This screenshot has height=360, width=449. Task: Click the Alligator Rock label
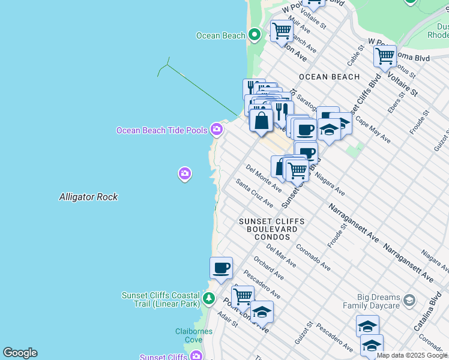(88, 197)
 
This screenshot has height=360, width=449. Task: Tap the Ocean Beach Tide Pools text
(161, 130)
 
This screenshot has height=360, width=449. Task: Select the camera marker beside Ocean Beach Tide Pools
(217, 129)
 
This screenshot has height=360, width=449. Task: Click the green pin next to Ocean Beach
(255, 35)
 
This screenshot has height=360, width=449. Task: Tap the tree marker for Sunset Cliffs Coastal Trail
(208, 298)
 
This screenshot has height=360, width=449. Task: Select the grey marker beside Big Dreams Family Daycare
(409, 299)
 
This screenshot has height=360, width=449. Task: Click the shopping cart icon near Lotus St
(385, 57)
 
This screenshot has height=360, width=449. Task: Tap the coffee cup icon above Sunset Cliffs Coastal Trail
(221, 268)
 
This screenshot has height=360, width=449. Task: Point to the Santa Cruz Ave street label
(254, 193)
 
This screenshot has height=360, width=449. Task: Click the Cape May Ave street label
(373, 130)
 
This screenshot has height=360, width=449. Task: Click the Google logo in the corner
(20, 353)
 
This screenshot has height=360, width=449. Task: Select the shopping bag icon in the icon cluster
(261, 120)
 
